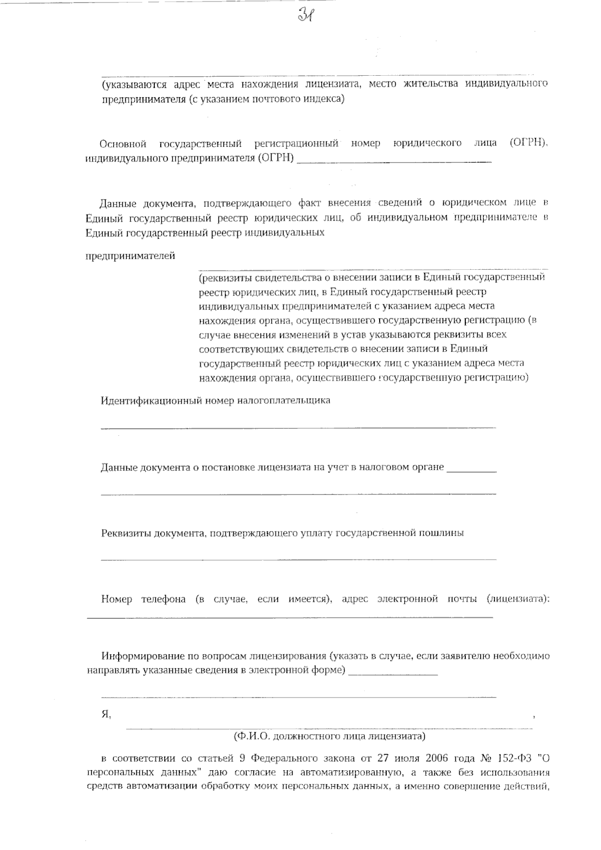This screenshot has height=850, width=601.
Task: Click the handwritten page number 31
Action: click(x=306, y=16)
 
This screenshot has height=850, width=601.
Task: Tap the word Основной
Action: click(x=123, y=144)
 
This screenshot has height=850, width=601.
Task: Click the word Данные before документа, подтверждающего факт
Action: click(x=118, y=204)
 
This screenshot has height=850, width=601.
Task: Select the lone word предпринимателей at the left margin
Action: click(x=131, y=256)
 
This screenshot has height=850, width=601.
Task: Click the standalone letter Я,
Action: click(x=106, y=715)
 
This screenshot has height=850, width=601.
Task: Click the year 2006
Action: click(x=437, y=758)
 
